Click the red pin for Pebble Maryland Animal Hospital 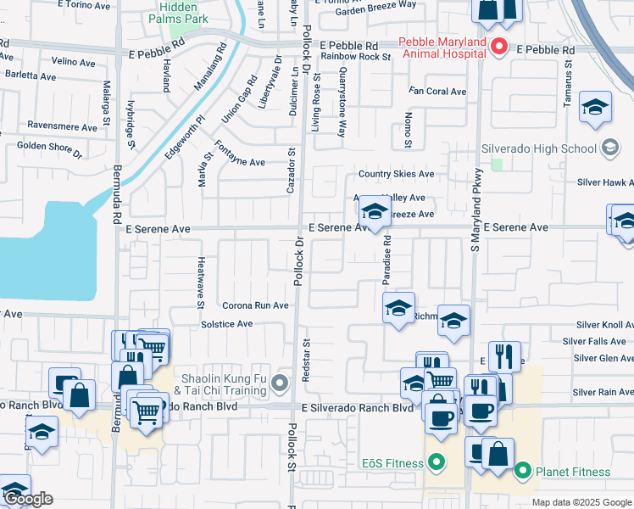coord(500,47)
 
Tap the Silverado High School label coord(539,148)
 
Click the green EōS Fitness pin coord(436,463)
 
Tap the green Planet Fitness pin coord(523,471)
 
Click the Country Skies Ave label coord(396,174)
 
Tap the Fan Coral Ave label coord(437,91)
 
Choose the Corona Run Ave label coord(256,305)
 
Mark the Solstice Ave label coord(226,324)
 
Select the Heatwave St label coord(201,282)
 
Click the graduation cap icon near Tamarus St coord(596,108)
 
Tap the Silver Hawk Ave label coord(604,182)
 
